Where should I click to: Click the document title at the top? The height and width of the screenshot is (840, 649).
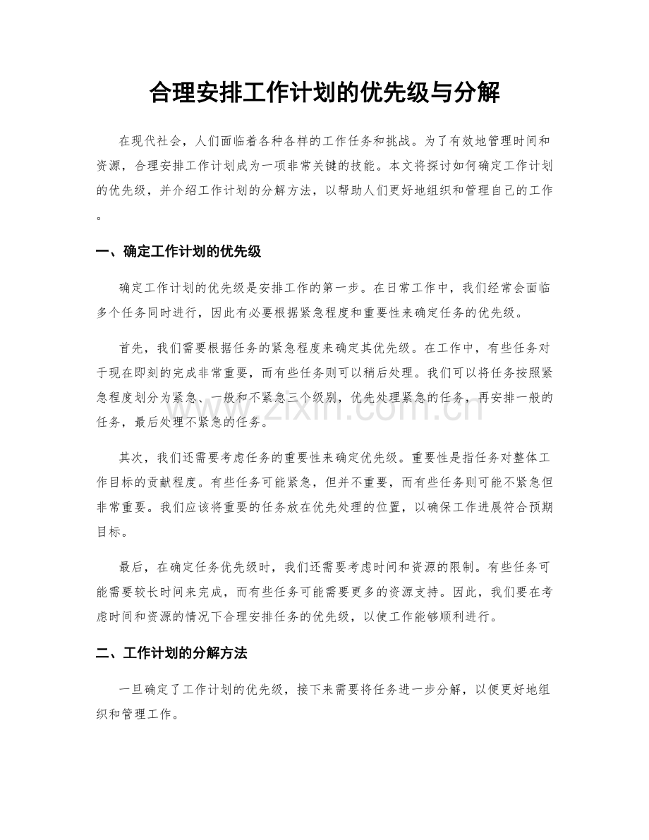click(324, 93)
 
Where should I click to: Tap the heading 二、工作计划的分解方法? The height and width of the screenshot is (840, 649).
click(171, 653)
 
